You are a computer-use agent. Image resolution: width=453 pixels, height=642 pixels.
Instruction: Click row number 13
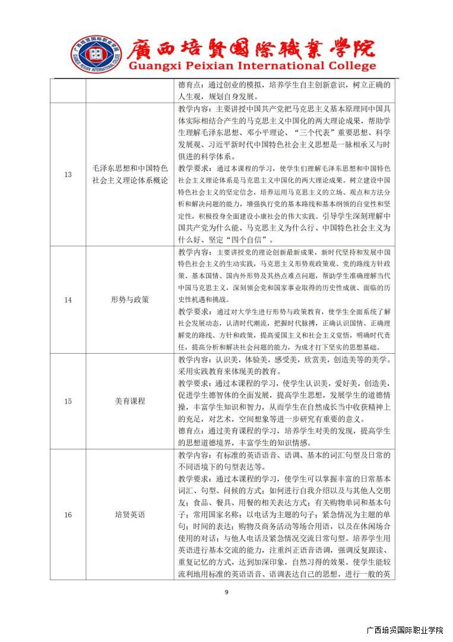click(68, 174)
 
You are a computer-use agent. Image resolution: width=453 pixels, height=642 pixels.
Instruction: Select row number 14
click(68, 300)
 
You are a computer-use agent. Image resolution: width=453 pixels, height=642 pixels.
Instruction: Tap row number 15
click(68, 401)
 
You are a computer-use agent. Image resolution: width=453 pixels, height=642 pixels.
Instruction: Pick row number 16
click(68, 514)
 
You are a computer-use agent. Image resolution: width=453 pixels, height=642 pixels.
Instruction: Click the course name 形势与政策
click(129, 300)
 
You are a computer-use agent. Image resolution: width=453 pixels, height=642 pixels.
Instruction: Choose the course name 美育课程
click(129, 401)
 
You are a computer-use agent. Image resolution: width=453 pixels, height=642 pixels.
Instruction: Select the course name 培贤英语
click(129, 514)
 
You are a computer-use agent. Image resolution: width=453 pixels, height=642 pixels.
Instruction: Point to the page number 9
click(226, 591)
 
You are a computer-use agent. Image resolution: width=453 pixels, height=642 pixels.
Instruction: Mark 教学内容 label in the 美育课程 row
click(194, 359)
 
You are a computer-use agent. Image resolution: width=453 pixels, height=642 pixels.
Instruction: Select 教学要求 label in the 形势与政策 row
click(194, 311)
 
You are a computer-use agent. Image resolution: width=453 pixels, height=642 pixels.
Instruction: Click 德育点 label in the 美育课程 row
click(190, 431)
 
